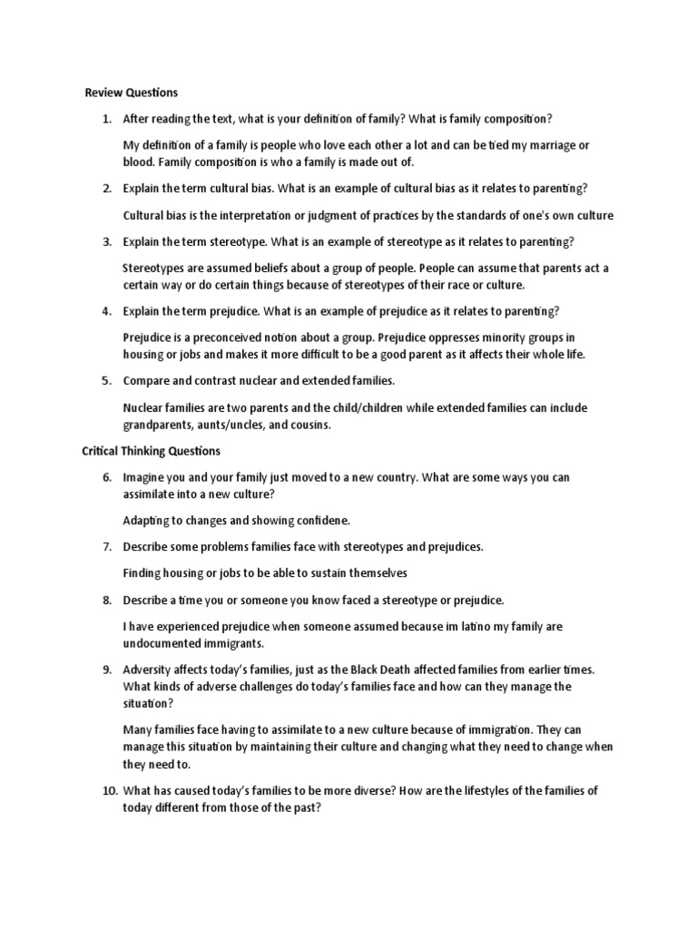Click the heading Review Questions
[x=131, y=93]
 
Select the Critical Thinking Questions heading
[x=151, y=451]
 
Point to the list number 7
[x=106, y=547]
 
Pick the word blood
[x=138, y=162]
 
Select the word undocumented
[x=162, y=643]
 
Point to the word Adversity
[x=149, y=670]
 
